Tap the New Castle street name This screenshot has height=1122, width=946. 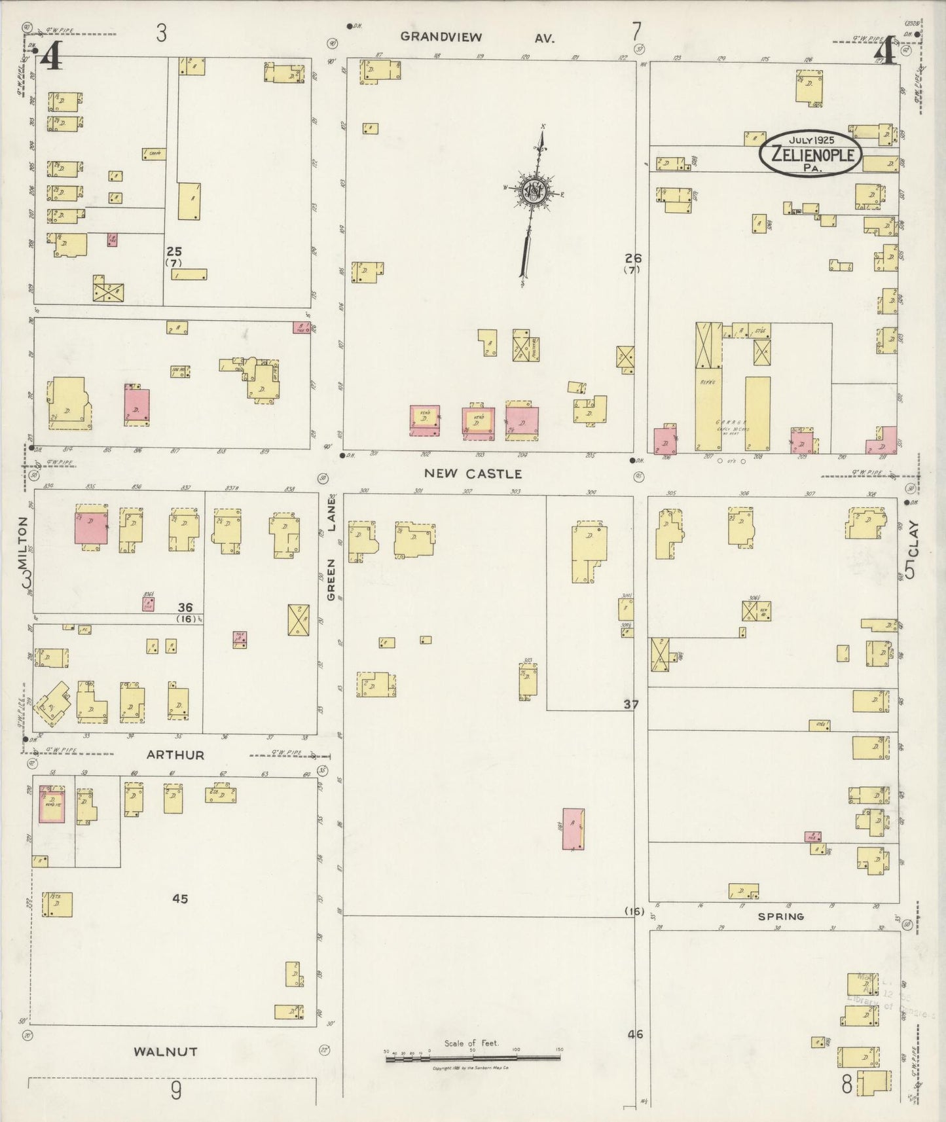(x=473, y=473)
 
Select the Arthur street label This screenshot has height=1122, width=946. (x=175, y=755)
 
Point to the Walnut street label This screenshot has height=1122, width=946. (x=166, y=1052)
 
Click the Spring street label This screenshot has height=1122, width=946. (x=781, y=916)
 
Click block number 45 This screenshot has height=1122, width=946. (x=180, y=899)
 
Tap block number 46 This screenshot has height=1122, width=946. (x=635, y=1034)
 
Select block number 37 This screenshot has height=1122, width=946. (x=630, y=705)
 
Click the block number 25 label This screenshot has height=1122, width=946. (x=173, y=251)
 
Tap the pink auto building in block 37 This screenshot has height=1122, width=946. (x=573, y=829)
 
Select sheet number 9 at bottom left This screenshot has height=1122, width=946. (x=175, y=1091)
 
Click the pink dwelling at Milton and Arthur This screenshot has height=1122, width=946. (x=52, y=805)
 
